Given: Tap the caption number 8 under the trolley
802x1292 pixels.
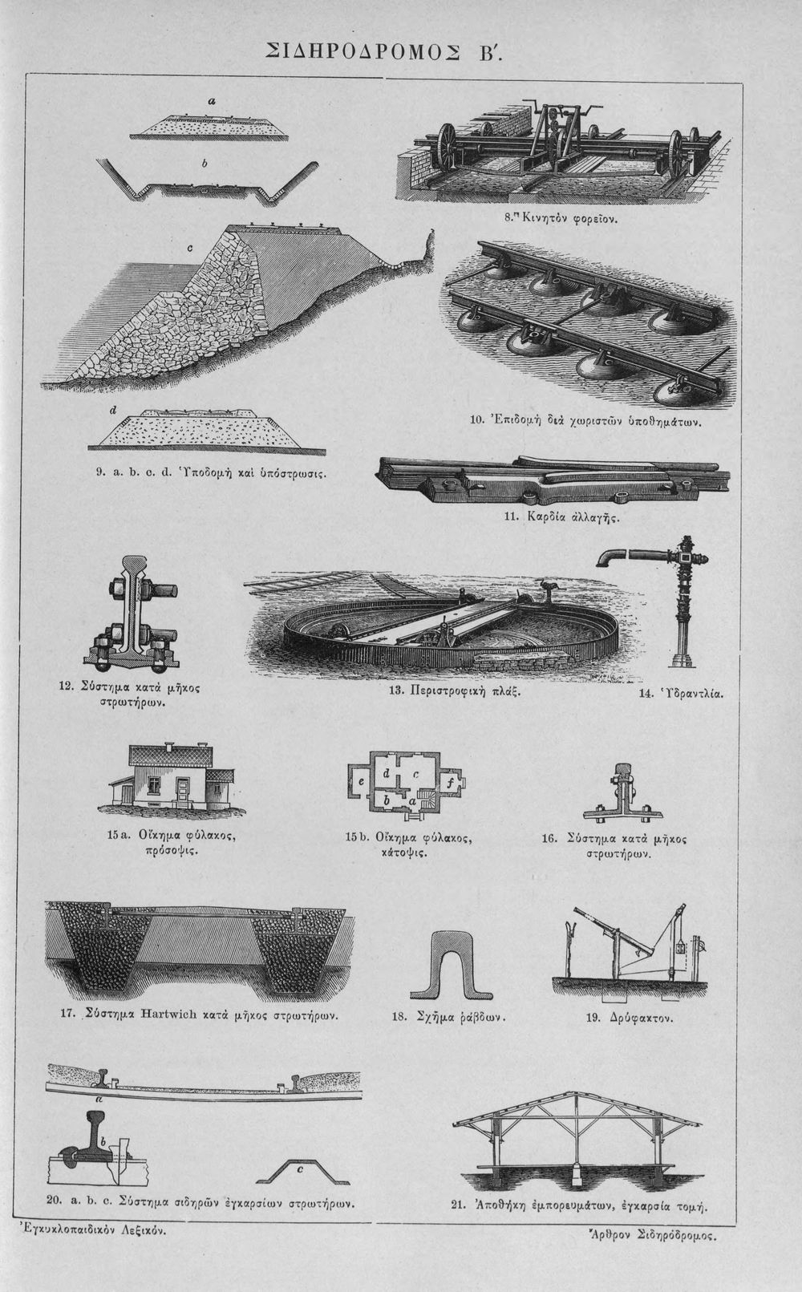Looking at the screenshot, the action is pyautogui.click(x=508, y=219).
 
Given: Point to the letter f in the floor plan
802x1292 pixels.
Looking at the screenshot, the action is pyautogui.click(x=450, y=783).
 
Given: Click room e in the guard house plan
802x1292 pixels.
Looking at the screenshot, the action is pyautogui.click(x=361, y=782).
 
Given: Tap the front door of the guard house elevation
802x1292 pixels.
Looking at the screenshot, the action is pyautogui.click(x=184, y=790).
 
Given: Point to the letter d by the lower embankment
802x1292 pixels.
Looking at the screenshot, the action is pyautogui.click(x=113, y=411).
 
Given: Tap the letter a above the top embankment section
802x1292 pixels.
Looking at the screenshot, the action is pyautogui.click(x=211, y=102).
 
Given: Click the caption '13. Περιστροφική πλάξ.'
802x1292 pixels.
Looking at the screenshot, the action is pyautogui.click(x=455, y=691).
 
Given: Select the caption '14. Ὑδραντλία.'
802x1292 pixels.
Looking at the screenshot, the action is pyautogui.click(x=681, y=693).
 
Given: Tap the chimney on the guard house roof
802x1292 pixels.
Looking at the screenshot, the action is pyautogui.click(x=168, y=747).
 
